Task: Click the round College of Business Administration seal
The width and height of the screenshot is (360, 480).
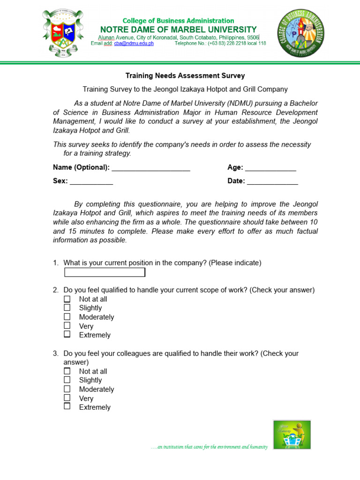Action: [300, 33]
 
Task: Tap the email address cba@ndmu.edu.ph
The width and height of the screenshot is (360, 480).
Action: [134, 44]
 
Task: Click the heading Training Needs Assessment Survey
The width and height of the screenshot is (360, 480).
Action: [185, 75]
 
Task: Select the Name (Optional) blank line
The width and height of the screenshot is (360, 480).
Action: [151, 168]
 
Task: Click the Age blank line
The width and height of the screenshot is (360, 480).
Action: [270, 168]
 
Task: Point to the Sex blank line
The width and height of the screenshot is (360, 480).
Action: [91, 182]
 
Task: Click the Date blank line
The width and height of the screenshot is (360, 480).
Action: [272, 182]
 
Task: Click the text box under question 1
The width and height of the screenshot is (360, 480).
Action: [105, 272]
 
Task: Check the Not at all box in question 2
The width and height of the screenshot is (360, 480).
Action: [67, 299]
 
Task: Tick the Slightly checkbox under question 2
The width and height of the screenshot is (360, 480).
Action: [67, 307]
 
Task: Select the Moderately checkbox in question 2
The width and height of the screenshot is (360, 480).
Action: [67, 316]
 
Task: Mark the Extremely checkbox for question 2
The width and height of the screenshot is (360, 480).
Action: [67, 334]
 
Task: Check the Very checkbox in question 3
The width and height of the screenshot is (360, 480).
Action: [67, 397]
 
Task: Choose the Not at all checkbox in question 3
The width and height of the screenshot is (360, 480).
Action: [67, 371]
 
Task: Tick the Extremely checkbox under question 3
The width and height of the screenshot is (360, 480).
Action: [67, 406]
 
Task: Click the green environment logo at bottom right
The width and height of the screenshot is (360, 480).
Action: [292, 435]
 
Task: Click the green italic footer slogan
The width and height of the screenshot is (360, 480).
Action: [209, 447]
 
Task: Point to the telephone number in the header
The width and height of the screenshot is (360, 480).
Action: [220, 44]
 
